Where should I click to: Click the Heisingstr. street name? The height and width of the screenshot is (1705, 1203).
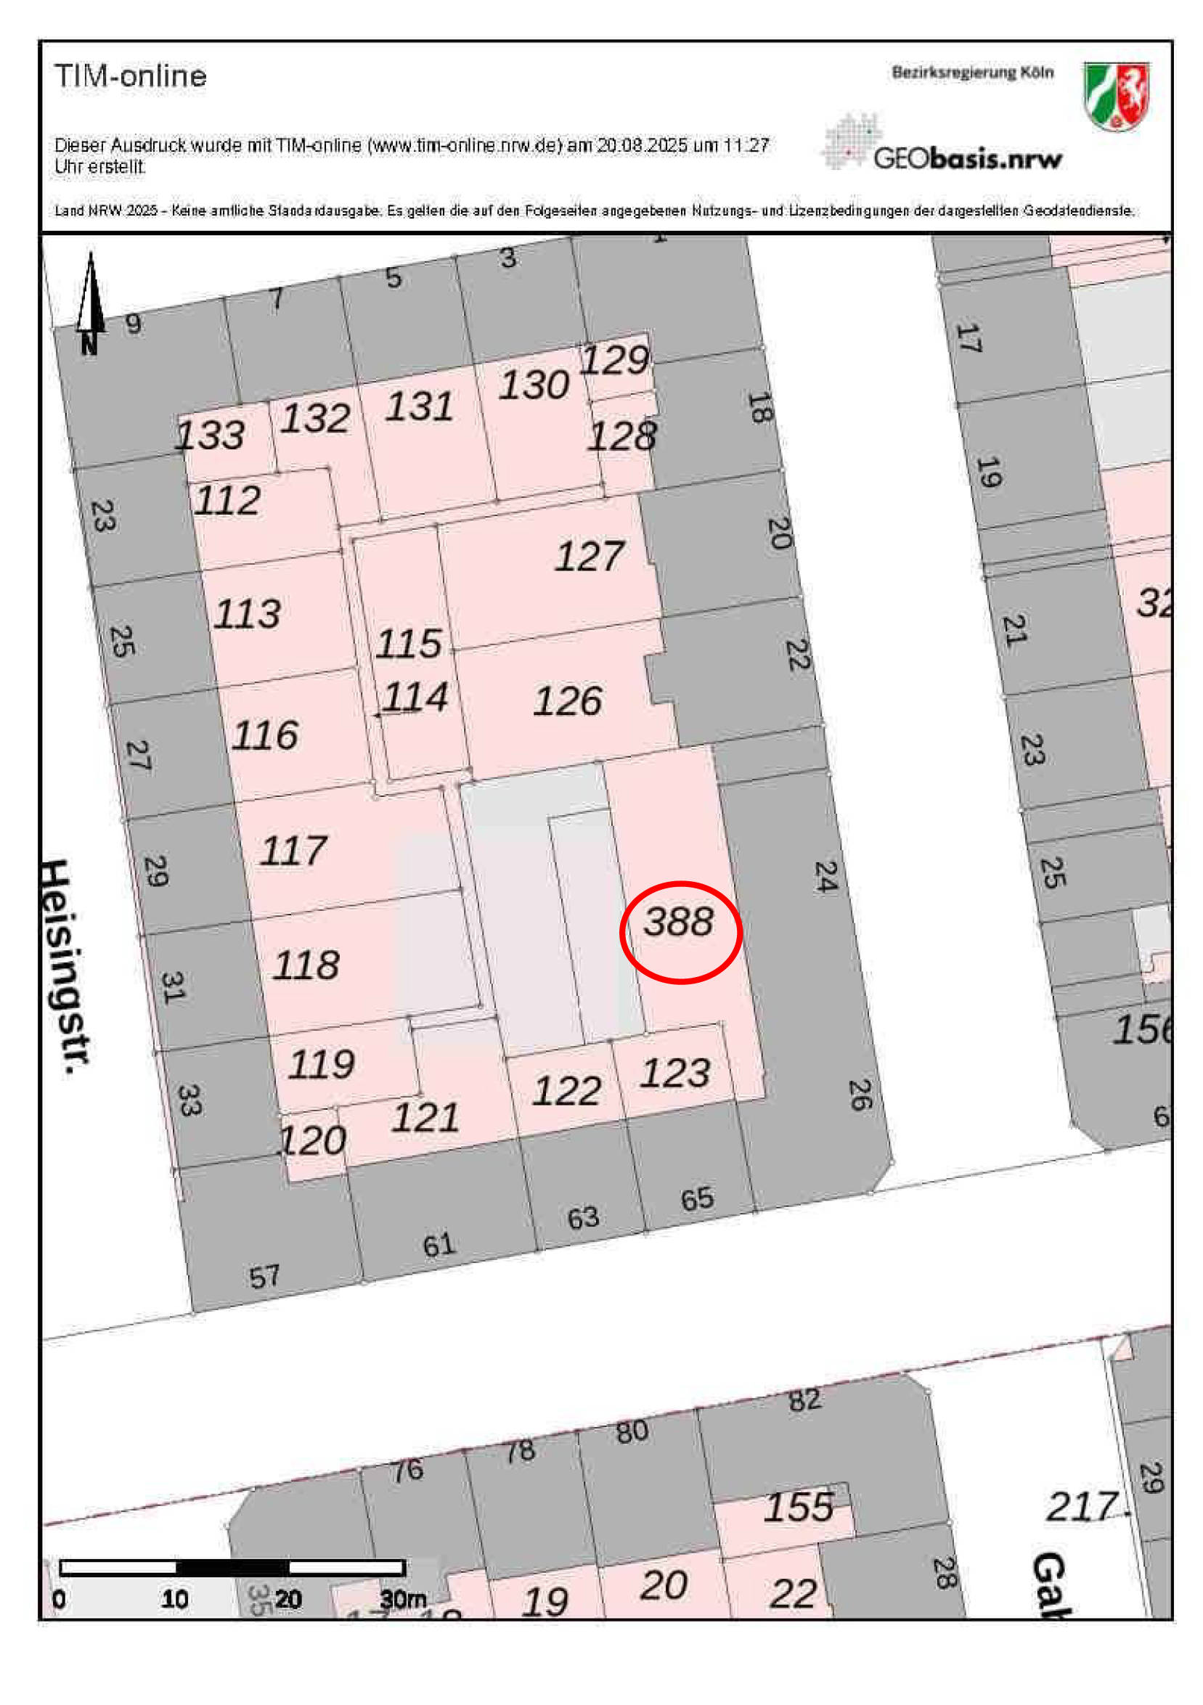(66, 965)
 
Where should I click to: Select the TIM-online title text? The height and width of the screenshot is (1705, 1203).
(131, 76)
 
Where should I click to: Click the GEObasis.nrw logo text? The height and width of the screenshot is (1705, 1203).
(967, 158)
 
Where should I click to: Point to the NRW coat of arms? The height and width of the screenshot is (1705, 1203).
(1115, 96)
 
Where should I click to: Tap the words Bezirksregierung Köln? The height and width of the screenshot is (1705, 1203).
(972, 73)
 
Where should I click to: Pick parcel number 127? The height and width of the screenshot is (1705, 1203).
(590, 556)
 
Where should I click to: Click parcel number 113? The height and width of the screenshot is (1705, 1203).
(248, 614)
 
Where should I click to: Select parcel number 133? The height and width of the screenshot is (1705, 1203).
(210, 435)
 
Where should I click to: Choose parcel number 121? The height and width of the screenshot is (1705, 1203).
(425, 1118)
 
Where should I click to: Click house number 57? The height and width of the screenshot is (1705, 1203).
(264, 1277)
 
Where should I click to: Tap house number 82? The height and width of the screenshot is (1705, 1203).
(805, 1400)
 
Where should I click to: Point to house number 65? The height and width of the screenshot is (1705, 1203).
(696, 1198)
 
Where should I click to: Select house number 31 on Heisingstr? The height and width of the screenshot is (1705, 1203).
(172, 987)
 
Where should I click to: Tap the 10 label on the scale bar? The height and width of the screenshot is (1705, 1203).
(174, 1599)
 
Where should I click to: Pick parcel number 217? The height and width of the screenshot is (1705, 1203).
(1082, 1507)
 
